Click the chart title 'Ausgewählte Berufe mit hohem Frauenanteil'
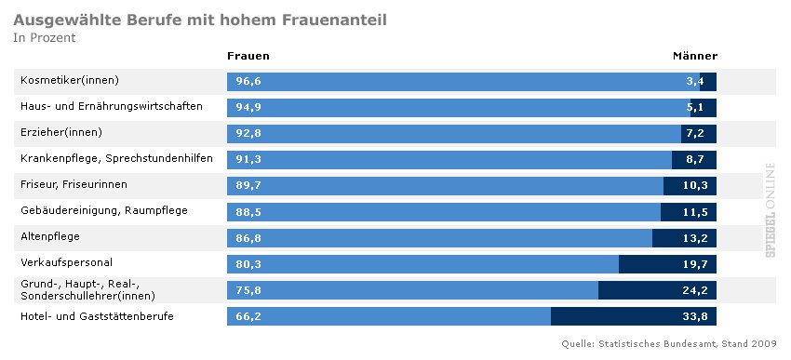200,19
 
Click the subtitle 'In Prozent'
45,38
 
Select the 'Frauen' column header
248,56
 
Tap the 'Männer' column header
694,56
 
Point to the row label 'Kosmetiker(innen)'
70,81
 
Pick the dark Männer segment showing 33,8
633,316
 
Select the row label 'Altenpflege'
50,237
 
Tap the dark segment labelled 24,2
657,290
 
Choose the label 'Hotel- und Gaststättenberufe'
97,316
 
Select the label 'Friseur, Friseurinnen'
74,184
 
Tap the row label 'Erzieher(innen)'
61,133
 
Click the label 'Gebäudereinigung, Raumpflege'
104,211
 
